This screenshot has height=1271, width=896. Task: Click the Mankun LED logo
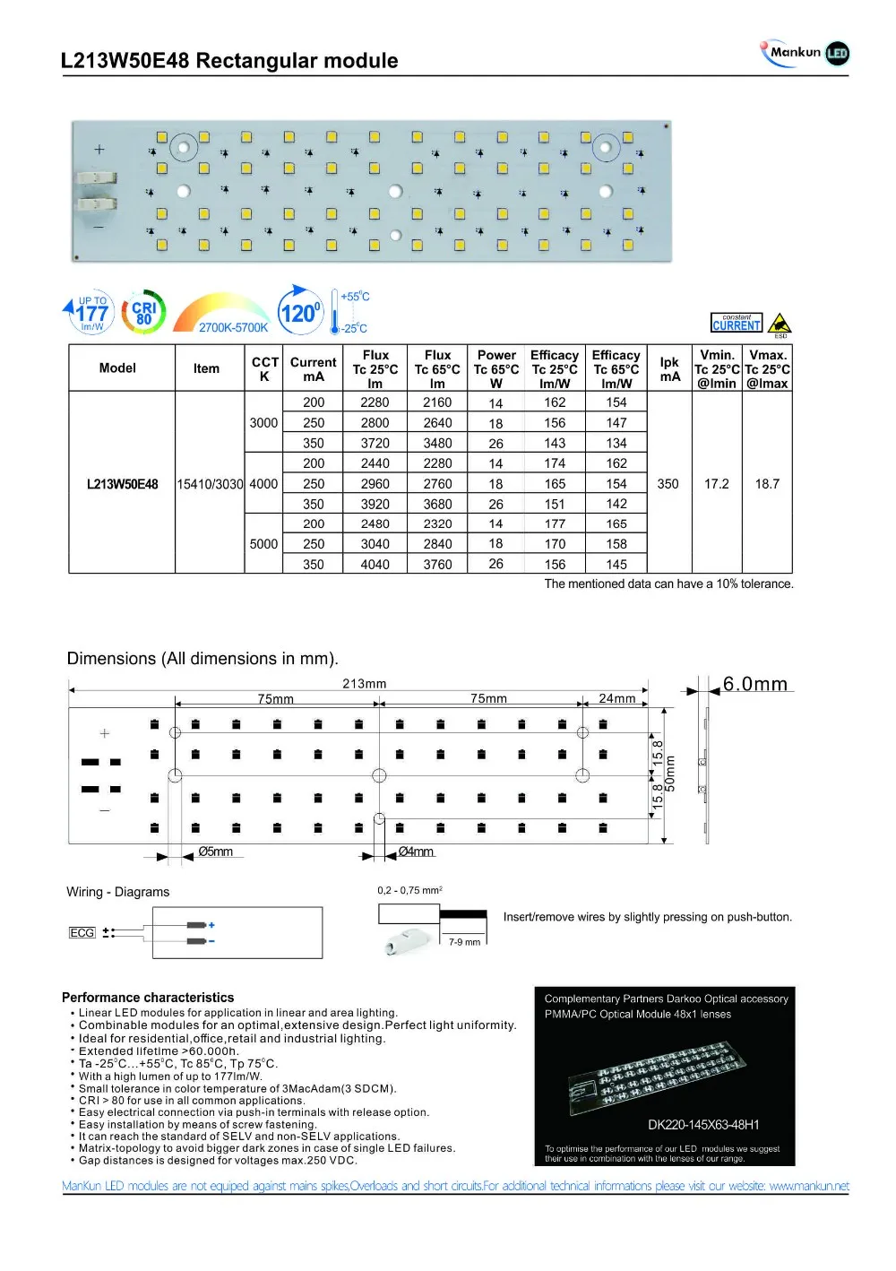804,53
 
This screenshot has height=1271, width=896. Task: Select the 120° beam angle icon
299,312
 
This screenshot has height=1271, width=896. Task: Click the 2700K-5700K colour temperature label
233,328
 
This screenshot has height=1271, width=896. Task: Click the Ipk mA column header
669,368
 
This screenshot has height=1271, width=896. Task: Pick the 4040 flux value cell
375,565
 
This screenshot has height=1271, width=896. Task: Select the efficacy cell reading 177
555,523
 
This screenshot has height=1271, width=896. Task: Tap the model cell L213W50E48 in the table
122,484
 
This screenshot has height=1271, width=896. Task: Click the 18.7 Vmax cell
767,484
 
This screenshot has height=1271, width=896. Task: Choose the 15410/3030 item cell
210,484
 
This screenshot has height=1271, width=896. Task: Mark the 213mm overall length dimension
364,684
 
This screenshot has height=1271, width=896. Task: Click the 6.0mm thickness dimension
754,685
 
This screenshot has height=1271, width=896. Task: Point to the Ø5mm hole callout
215,852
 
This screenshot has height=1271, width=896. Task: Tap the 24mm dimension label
616,698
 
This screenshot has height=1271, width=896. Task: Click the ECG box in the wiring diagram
82,933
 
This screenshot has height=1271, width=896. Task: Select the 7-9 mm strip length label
464,942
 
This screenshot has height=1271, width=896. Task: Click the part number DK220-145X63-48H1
703,1125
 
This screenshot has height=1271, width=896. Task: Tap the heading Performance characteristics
148,998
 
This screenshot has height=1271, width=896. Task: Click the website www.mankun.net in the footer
808,1186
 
